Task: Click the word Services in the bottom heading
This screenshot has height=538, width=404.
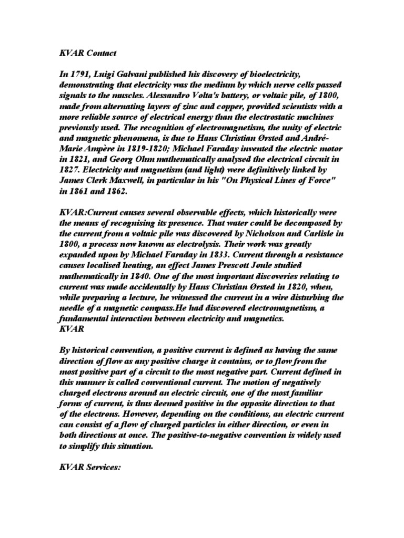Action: pyautogui.click(x=102, y=464)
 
